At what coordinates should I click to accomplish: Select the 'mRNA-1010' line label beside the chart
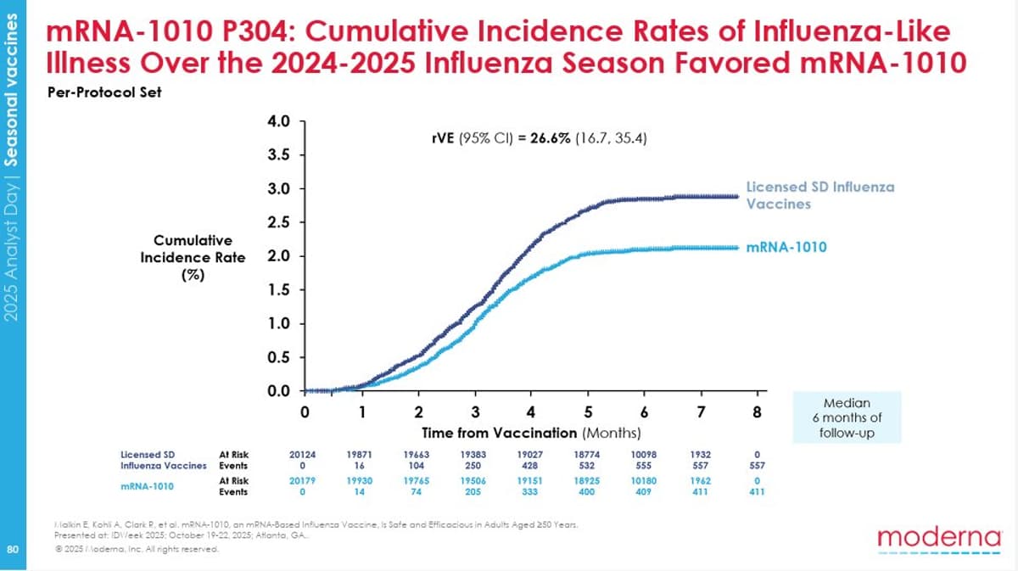tap(786, 247)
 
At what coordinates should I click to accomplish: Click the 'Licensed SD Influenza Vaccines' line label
tap(819, 194)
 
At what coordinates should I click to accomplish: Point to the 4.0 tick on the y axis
tap(279, 121)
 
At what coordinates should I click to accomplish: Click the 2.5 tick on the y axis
tap(279, 222)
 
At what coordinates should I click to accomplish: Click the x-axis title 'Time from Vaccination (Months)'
tap(532, 433)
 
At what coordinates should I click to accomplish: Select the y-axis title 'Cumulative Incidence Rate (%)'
tap(193, 255)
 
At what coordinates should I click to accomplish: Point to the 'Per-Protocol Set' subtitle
tap(103, 92)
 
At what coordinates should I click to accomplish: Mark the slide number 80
tap(12, 549)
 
